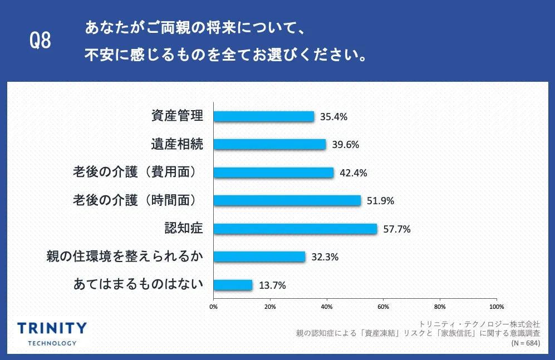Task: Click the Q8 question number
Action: (40, 41)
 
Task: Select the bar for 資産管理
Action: (263, 116)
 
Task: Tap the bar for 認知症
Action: (295, 229)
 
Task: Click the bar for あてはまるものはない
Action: (233, 285)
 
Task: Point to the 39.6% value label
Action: (345, 145)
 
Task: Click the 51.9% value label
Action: (380, 201)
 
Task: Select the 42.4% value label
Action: (353, 172)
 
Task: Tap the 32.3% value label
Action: (325, 257)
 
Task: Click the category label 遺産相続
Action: (177, 145)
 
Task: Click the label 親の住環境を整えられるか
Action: (125, 257)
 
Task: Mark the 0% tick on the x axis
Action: (213, 306)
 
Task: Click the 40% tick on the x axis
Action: (327, 306)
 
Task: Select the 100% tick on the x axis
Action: (496, 306)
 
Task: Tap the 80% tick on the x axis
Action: (440, 306)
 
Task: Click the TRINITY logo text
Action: (52, 328)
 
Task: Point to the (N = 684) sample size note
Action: (525, 343)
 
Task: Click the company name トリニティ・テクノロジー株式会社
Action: (479, 323)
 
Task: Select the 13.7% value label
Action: (272, 285)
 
